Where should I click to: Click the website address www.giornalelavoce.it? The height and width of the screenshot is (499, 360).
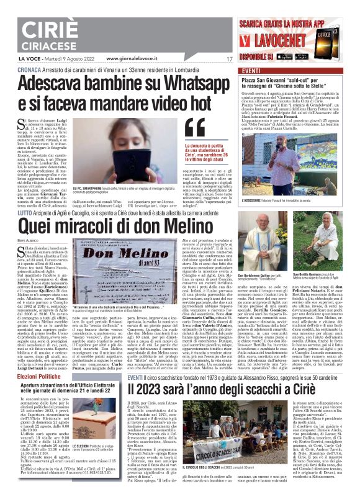click(136, 59)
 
